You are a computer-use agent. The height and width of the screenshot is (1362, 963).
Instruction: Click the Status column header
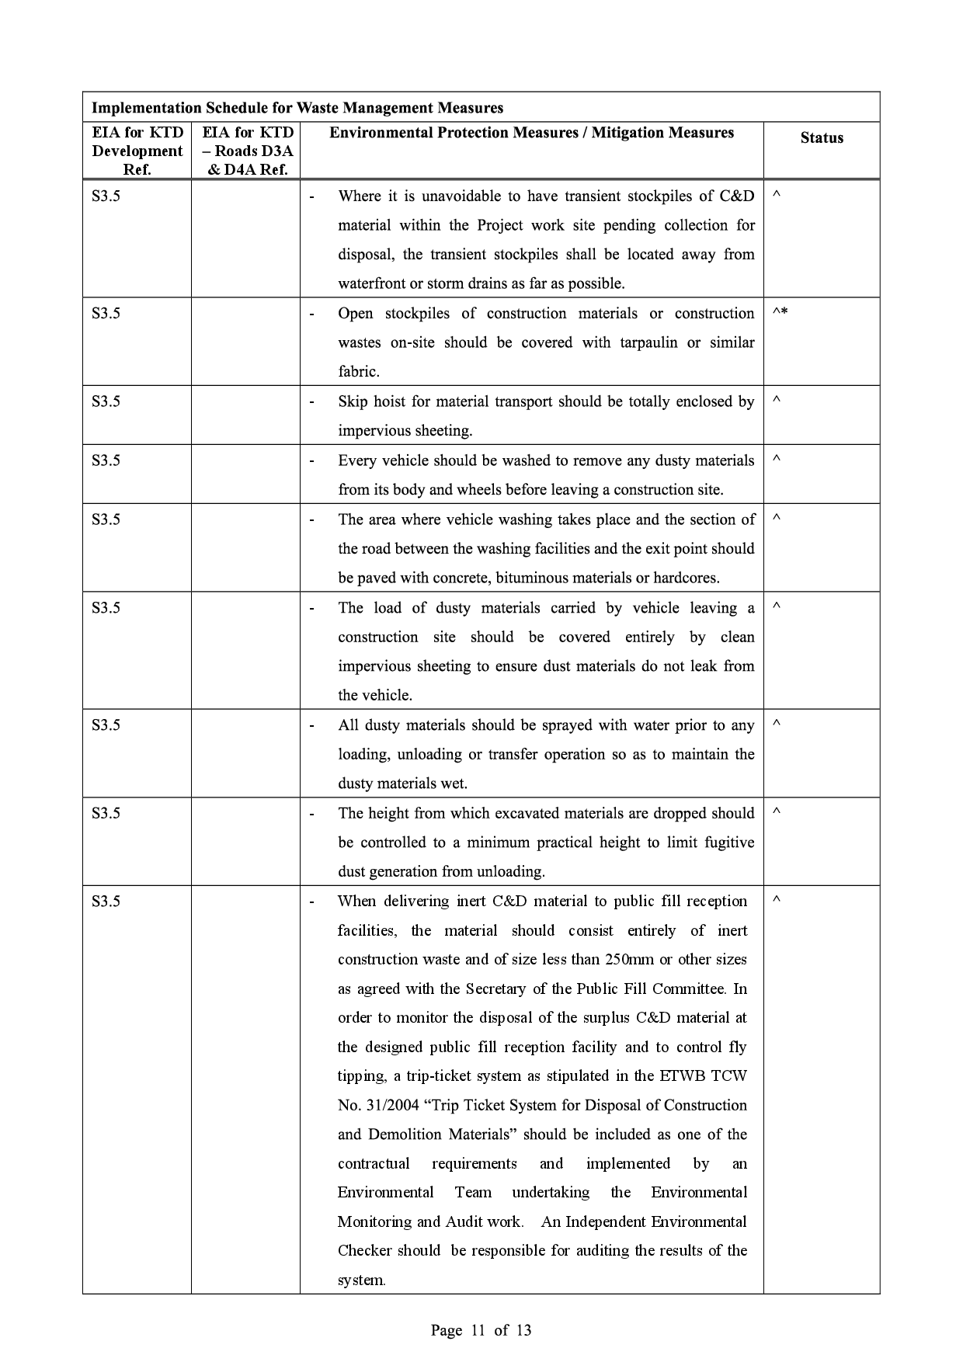point(821,138)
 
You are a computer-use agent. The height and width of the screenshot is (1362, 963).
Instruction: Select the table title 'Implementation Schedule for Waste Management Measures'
point(297,108)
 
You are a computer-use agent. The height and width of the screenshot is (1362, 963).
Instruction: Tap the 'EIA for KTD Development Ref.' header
point(137,151)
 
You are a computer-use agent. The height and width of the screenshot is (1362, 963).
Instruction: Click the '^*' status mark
point(780,313)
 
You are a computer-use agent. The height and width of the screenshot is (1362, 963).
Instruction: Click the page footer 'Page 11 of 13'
point(481,1330)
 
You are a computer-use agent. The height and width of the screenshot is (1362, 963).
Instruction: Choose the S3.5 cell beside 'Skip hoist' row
point(106,401)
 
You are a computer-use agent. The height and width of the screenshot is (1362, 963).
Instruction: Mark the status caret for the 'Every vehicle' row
point(776,460)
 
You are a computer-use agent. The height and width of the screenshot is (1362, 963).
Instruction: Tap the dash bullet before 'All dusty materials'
point(312,725)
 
